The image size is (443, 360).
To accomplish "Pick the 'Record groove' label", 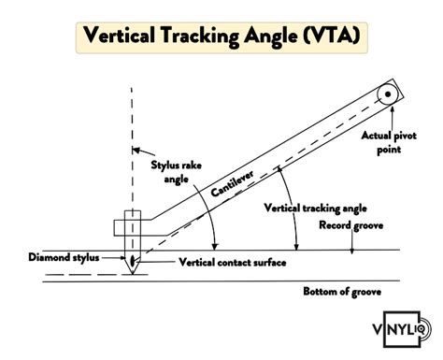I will pyautogui.click(x=351, y=225).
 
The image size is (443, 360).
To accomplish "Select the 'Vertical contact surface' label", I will pyautogui.click(x=221, y=262).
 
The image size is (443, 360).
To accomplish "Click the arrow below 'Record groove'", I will pyautogui.click(x=351, y=242).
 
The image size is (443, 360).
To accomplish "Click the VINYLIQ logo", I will pyautogui.click(x=399, y=330).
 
